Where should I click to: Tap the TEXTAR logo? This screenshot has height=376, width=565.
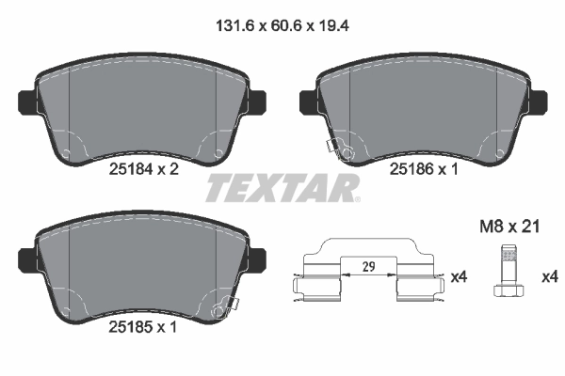(x=282, y=188)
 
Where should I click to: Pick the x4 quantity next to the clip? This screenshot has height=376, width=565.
(x=459, y=277)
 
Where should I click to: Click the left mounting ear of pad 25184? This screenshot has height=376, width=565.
(x=27, y=98)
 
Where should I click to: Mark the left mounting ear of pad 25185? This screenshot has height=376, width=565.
(x=27, y=257)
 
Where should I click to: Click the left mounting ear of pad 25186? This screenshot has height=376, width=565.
(x=307, y=98)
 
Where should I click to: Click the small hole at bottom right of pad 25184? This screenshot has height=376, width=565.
(x=219, y=153)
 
